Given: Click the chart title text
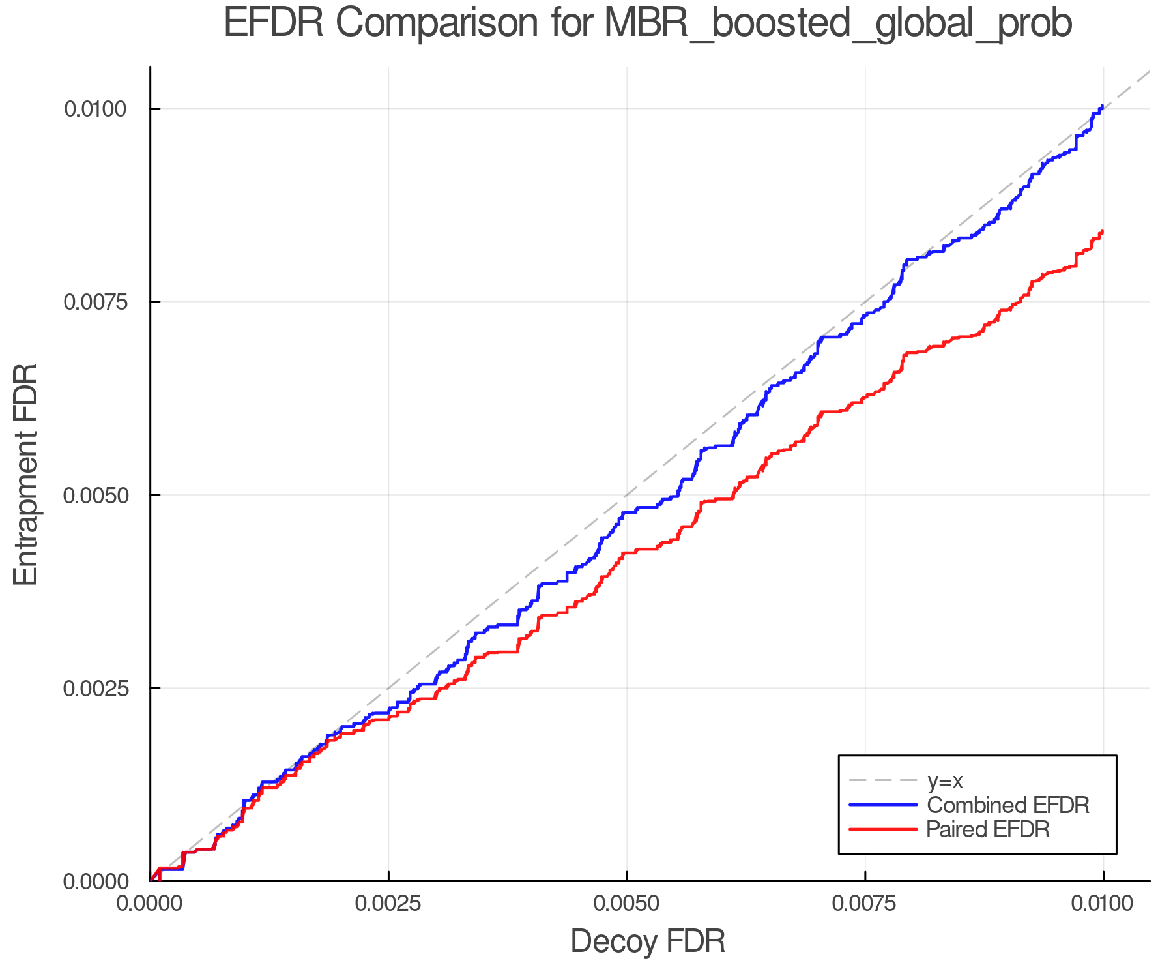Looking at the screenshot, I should (x=647, y=23).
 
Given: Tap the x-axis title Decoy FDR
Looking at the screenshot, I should (x=648, y=941).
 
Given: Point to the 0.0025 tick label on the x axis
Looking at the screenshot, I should (x=388, y=904).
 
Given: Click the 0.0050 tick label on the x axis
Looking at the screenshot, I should (x=626, y=904).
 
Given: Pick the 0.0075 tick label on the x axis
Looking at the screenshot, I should (x=865, y=904).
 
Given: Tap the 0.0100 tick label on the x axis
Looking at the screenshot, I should (x=1103, y=904).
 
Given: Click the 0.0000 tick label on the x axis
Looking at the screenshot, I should (x=151, y=904).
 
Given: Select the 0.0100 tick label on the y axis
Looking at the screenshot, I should (x=94, y=109).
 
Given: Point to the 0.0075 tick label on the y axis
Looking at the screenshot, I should (x=94, y=302).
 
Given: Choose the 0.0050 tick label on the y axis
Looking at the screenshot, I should (x=94, y=495).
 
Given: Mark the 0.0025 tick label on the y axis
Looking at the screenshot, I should (x=94, y=688).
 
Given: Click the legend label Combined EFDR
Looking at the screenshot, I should (x=1007, y=805).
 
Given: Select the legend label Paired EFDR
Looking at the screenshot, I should (x=987, y=829).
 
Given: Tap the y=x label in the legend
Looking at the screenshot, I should (x=944, y=780).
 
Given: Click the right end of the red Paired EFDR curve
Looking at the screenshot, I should (x=1102, y=231).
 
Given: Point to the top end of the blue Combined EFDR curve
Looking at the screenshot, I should (x=1102, y=106).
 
